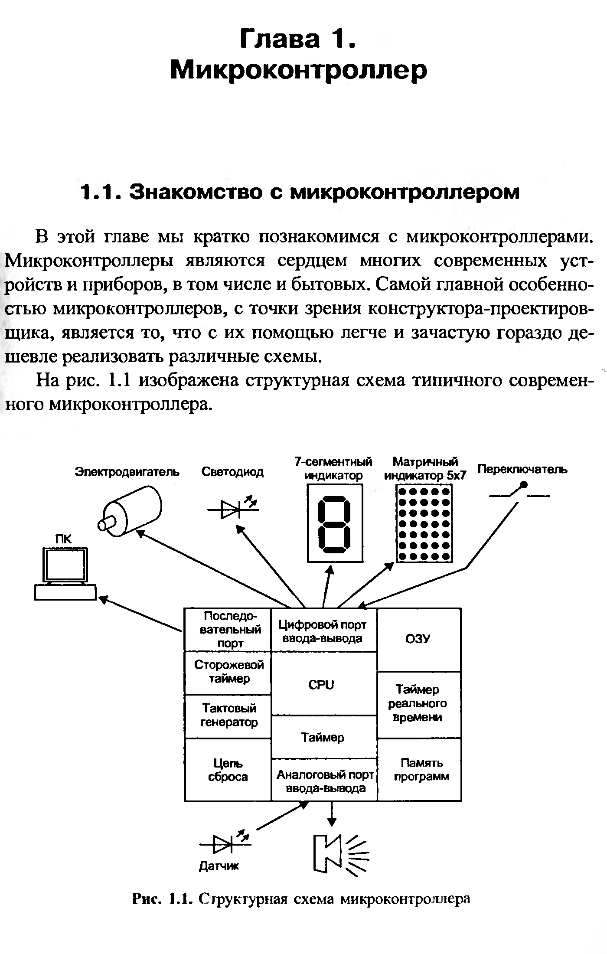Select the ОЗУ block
click(x=419, y=639)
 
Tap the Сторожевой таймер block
click(x=228, y=672)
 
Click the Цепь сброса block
click(x=228, y=769)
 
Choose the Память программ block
click(x=420, y=769)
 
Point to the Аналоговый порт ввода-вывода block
click(x=324, y=781)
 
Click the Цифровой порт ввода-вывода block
click(x=323, y=631)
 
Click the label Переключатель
click(x=522, y=469)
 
